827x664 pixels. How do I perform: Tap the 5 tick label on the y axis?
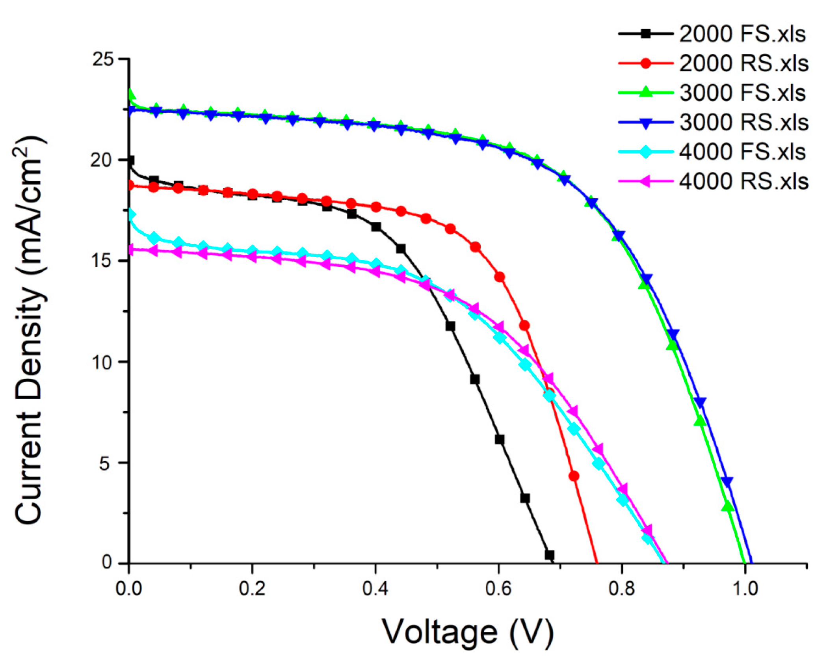tap(105, 463)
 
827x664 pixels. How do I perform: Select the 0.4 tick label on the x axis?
tap(375, 588)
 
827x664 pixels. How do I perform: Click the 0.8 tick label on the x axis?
tap(621, 588)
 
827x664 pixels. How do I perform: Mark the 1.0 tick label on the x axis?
tap(745, 588)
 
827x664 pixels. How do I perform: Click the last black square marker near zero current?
tap(550, 555)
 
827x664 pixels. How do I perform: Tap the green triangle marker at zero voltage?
tap(131, 95)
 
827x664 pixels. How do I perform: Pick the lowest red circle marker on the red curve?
tap(574, 476)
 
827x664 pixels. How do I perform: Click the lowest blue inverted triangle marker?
tap(727, 482)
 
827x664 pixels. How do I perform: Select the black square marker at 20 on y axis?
tap(130, 160)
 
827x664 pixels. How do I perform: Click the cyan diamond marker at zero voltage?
tap(131, 215)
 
